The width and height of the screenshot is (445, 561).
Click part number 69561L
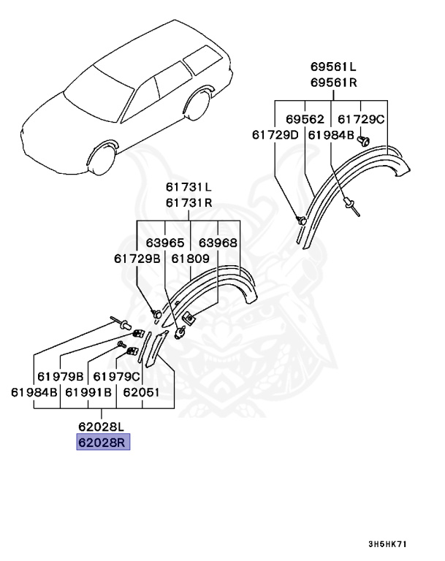tap(333, 66)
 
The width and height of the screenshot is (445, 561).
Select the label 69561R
tap(333, 82)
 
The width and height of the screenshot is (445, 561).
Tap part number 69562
tap(305, 119)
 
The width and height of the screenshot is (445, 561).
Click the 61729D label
tap(276, 135)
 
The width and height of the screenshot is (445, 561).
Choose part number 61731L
tap(189, 187)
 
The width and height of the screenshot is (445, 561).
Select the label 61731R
tap(189, 202)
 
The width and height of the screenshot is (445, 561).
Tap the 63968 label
tap(218, 242)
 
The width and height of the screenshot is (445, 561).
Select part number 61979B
tap(61, 376)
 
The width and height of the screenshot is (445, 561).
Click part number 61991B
tap(89, 392)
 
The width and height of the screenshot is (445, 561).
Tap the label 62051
tap(142, 392)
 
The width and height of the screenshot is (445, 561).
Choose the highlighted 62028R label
tap(104, 443)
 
